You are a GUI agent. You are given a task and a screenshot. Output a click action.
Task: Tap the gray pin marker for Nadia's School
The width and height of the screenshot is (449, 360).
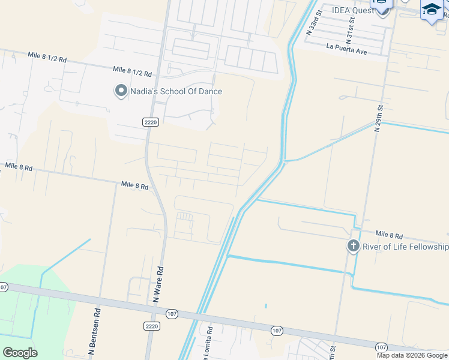121,91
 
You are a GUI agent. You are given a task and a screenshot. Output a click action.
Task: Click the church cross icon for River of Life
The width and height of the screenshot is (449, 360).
354,247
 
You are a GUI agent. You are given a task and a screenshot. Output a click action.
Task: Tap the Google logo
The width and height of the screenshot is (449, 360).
20,353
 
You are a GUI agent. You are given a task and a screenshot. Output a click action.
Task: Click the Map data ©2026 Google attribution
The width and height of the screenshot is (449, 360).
412,355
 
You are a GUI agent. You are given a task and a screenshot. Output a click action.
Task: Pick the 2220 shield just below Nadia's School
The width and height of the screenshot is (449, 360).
151,122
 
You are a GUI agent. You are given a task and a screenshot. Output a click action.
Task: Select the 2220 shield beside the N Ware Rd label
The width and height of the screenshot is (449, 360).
152,326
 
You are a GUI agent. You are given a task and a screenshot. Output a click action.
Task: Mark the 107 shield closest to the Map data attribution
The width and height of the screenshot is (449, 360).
382,347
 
